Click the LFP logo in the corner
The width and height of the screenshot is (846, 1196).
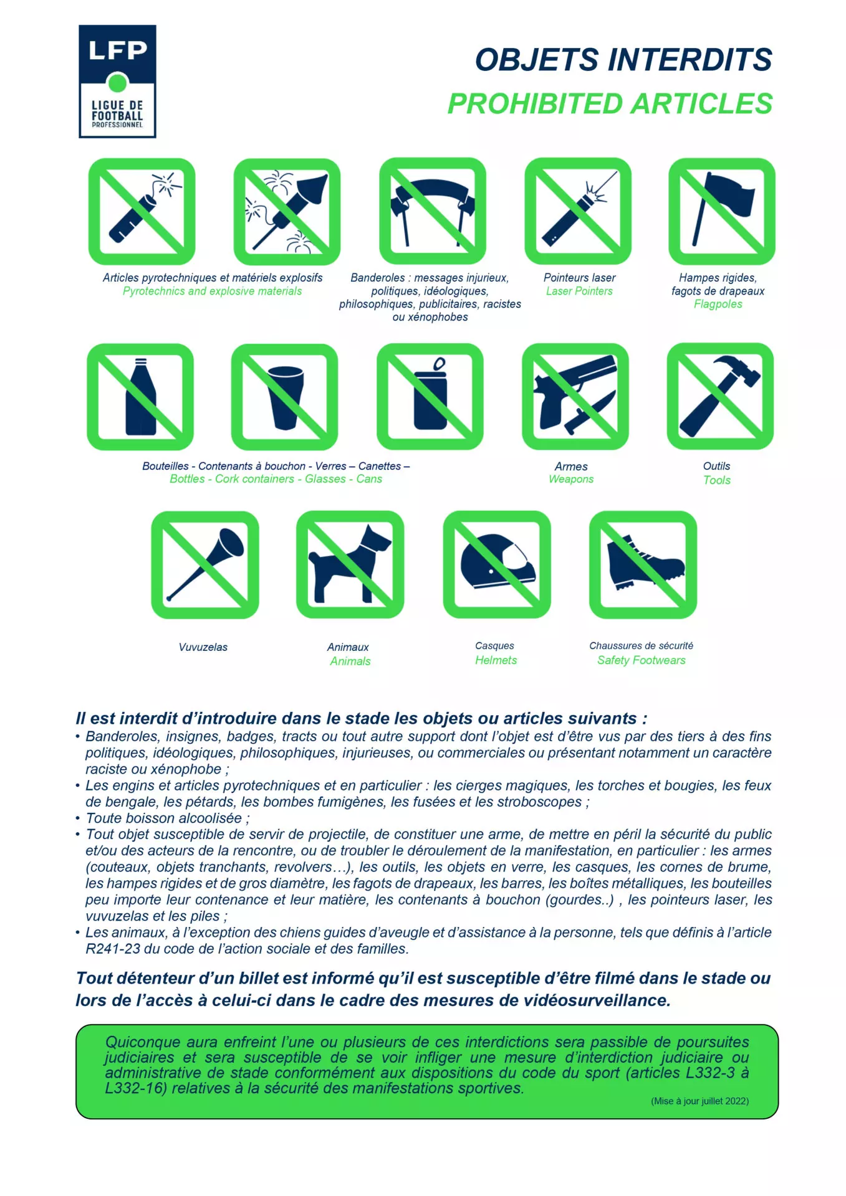pyautogui.click(x=117, y=81)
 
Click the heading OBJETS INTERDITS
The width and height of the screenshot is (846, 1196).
pyautogui.click(x=623, y=60)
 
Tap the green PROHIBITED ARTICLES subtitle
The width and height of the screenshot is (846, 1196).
pyautogui.click(x=610, y=103)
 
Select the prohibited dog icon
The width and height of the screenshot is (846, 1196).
pyautogui.click(x=350, y=564)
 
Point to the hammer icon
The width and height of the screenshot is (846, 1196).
pyautogui.click(x=720, y=396)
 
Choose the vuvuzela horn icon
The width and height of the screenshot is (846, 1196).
pyautogui.click(x=205, y=564)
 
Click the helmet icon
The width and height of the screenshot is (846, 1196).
pyautogui.click(x=497, y=564)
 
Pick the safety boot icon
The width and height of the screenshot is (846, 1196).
pyautogui.click(x=643, y=564)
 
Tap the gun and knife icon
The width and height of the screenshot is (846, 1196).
pyautogui.click(x=575, y=396)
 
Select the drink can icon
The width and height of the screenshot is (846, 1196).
pyautogui.click(x=430, y=396)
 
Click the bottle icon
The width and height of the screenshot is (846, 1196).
pyautogui.click(x=140, y=396)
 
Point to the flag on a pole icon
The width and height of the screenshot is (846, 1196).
pyautogui.click(x=722, y=211)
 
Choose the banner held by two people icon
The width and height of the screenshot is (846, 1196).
pyautogui.click(x=433, y=211)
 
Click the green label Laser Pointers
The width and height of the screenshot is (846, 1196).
pyautogui.click(x=579, y=291)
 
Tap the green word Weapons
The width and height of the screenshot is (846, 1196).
pyautogui.click(x=571, y=479)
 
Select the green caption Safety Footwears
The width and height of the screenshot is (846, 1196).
pyautogui.click(x=641, y=660)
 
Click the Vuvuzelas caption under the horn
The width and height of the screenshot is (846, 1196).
pyautogui.click(x=203, y=647)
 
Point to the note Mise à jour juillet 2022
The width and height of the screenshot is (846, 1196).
pyautogui.click(x=699, y=1101)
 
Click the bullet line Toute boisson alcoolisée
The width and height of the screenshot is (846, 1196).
pyautogui.click(x=167, y=818)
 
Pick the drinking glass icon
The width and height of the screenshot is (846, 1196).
pyautogui.click(x=285, y=396)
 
